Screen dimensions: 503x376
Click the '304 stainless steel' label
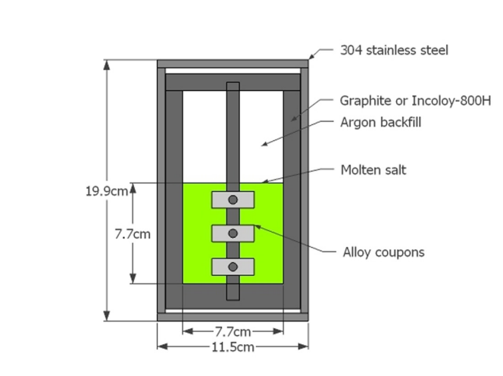coord(394,51)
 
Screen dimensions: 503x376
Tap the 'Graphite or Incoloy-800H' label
coord(415,101)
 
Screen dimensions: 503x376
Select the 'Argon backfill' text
coord(380,122)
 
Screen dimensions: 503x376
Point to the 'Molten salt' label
coord(373,170)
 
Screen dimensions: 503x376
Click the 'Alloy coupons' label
coord(383,252)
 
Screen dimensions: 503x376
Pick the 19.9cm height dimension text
coord(107,191)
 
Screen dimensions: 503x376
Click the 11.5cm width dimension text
coord(233,347)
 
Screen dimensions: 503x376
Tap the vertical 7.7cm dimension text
coord(133,234)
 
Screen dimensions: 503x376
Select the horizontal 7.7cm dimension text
coord(233,332)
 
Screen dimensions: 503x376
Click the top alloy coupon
coord(233,199)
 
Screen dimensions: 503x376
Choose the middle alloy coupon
coord(233,233)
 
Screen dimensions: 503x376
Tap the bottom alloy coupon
coord(233,267)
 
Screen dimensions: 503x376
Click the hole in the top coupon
coord(233,199)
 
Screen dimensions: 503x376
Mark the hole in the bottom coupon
coord(233,267)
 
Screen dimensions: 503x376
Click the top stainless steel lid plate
coord(233,64)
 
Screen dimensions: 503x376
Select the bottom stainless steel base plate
coord(233,317)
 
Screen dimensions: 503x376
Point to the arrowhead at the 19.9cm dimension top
coord(107,64)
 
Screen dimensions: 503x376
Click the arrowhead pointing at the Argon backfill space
coord(264,144)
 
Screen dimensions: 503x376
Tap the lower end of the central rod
coord(233,300)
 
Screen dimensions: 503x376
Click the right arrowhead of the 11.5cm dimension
coord(304,346)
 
